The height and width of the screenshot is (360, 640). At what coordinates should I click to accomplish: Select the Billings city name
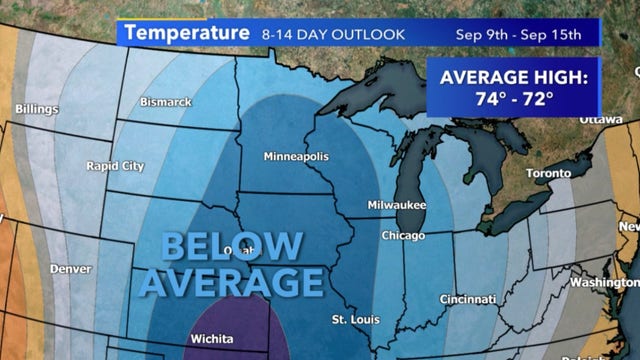36,108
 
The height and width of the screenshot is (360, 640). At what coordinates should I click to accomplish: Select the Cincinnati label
468,299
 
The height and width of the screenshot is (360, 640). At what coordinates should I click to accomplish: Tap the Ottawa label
601,118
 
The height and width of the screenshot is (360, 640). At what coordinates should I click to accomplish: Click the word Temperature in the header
185,33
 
